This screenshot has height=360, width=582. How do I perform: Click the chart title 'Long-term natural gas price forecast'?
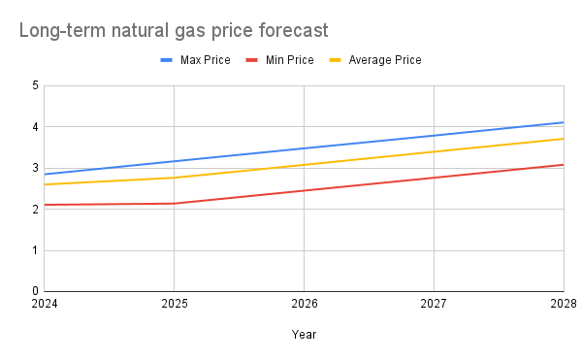pos(174,31)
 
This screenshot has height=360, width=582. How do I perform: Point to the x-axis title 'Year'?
pos(304,334)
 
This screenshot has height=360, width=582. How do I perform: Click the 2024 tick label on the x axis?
pos(45,304)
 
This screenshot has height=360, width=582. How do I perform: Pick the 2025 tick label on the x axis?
pos(174,304)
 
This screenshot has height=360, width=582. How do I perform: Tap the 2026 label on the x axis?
pos(304,304)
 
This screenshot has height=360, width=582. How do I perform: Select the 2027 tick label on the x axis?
pos(434,304)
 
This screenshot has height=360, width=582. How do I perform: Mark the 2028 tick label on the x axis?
pos(563,304)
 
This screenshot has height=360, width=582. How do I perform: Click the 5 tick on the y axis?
pos(35,86)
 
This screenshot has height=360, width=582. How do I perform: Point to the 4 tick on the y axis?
pos(35,127)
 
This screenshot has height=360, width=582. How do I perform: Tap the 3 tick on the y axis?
pos(35,168)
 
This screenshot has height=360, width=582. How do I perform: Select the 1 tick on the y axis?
pos(35,250)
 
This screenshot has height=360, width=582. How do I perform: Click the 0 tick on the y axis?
pos(35,291)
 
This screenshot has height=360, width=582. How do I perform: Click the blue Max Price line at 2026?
pos(304,148)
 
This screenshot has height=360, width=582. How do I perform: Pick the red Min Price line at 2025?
pos(174,203)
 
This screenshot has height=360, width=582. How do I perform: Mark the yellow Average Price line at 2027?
pos(434,151)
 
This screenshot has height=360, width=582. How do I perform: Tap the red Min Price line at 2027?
pos(434,178)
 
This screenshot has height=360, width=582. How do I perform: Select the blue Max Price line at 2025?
pos(174,161)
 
